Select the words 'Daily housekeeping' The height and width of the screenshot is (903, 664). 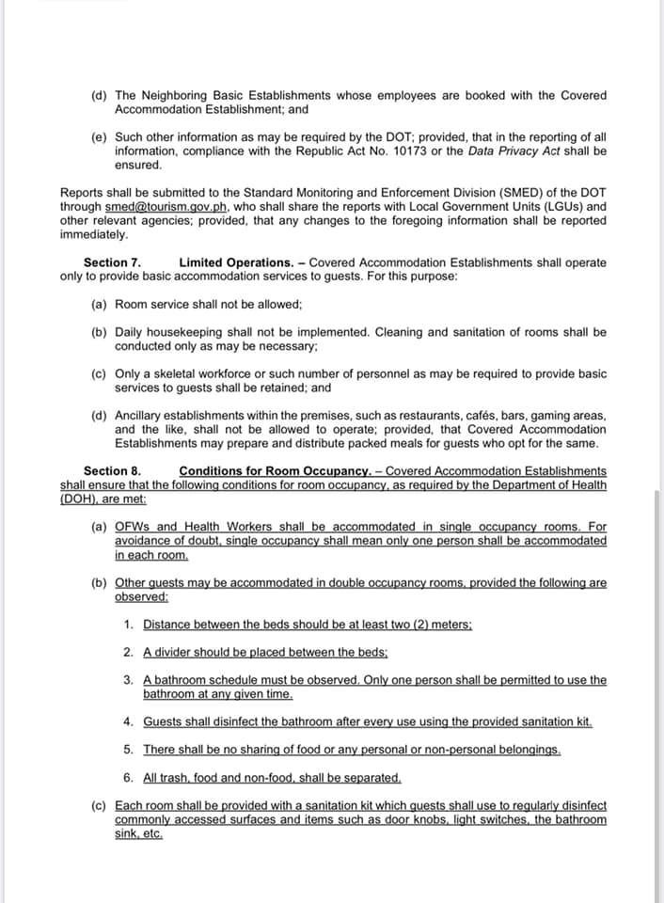[x=170, y=332]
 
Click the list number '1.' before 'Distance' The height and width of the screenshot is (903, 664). [x=129, y=624]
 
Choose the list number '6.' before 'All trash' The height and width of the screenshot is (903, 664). [x=129, y=778]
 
